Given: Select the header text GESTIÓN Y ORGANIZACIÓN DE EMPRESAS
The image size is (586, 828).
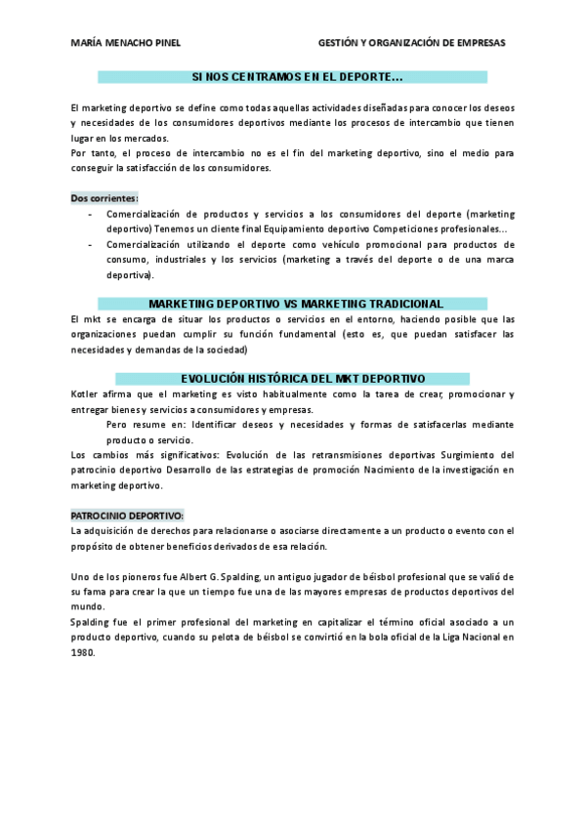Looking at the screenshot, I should click(x=412, y=43).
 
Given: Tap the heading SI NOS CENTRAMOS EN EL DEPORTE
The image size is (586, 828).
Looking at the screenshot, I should click(x=297, y=76).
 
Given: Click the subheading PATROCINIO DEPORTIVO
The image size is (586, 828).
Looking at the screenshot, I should click(x=127, y=515).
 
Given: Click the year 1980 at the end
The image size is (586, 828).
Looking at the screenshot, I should click(x=83, y=653).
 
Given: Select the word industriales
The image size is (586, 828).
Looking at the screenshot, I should click(x=171, y=260).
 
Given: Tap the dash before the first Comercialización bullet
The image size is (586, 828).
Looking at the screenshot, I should click(x=91, y=213).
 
